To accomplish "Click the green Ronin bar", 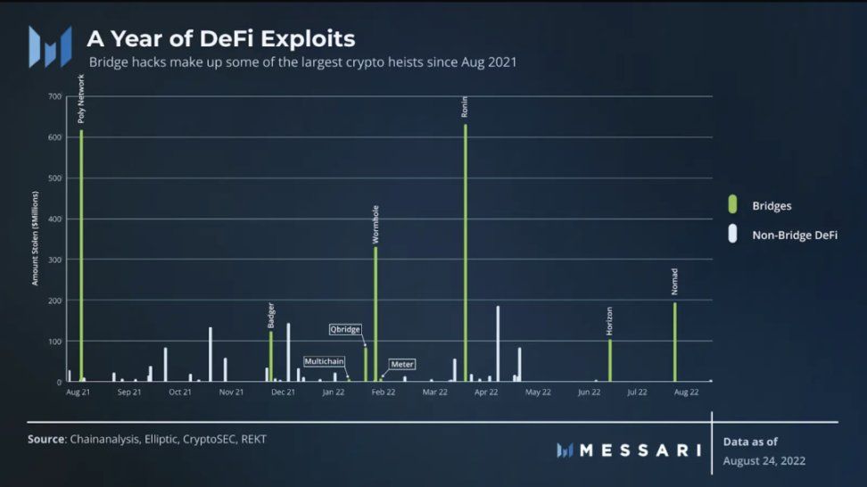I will pos(465,253).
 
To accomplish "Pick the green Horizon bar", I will pos(610,360).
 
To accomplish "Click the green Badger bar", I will pos(271,356).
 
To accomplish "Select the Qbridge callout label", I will pos(345,329).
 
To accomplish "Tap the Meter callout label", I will pos(402,364).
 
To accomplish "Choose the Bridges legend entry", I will pos(772,206).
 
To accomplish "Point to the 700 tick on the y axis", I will pos(55,96).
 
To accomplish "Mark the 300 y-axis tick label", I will pos(55,260).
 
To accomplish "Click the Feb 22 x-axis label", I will pos(384,392).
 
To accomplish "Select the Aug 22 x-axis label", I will pos(686,392).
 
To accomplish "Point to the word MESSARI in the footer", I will pos(640,450).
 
